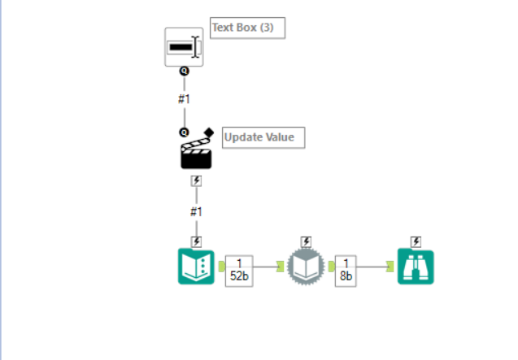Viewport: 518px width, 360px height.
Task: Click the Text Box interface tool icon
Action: click(184, 47)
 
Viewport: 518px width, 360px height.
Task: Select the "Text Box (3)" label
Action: click(243, 28)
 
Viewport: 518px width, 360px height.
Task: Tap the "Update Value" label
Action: click(259, 137)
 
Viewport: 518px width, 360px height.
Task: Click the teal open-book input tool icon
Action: click(196, 267)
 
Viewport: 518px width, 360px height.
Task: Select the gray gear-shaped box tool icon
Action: click(306, 267)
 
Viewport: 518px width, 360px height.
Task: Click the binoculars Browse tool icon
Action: click(416, 267)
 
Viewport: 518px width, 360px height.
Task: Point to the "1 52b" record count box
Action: click(239, 271)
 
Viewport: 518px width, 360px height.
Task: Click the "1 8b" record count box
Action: click(346, 271)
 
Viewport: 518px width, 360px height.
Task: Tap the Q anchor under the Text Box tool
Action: click(185, 71)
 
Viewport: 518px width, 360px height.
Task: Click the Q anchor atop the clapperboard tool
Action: click(184, 132)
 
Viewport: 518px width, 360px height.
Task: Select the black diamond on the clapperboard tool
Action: click(209, 132)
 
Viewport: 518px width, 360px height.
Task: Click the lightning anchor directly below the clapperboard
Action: click(197, 181)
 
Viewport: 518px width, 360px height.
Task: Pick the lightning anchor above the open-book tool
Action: click(197, 242)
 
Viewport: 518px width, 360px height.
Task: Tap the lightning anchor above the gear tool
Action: click(307, 242)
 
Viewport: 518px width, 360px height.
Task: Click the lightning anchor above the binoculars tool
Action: click(416, 242)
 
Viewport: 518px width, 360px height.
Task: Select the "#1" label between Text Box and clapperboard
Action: click(184, 99)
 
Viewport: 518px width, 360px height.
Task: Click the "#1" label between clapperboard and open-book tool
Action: click(196, 212)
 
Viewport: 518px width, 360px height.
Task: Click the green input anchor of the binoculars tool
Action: click(390, 267)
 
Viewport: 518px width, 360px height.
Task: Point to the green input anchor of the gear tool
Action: click(280, 267)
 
